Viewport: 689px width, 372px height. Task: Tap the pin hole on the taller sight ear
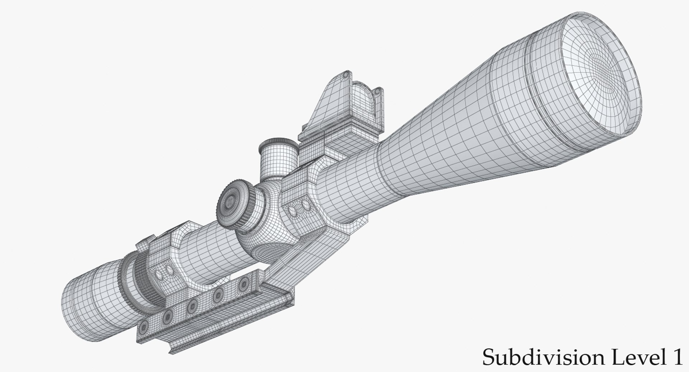[345, 76]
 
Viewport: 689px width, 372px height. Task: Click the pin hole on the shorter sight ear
[378, 92]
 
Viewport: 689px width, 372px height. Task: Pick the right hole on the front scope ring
[306, 206]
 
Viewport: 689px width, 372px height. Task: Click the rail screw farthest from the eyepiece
[244, 284]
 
